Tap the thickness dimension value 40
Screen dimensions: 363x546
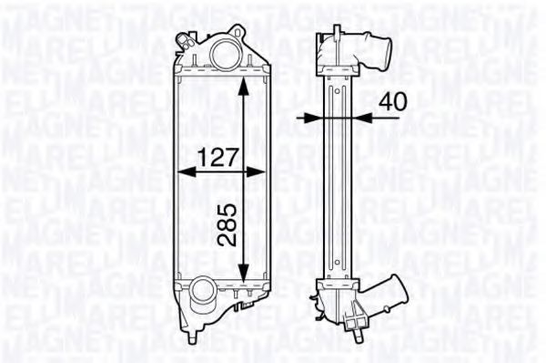(392, 103)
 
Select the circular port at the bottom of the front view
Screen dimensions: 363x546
(201, 296)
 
